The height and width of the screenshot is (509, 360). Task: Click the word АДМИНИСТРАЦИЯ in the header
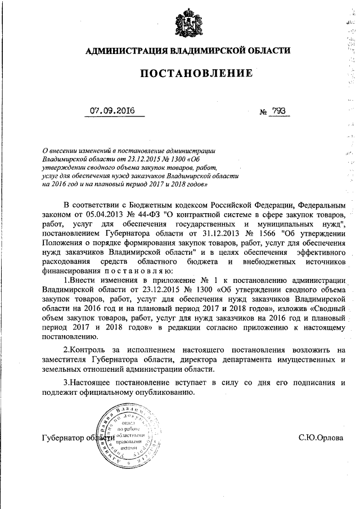point(123,51)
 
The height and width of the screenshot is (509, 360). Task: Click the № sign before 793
point(262,112)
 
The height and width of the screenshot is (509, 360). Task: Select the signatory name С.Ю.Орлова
point(320,438)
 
